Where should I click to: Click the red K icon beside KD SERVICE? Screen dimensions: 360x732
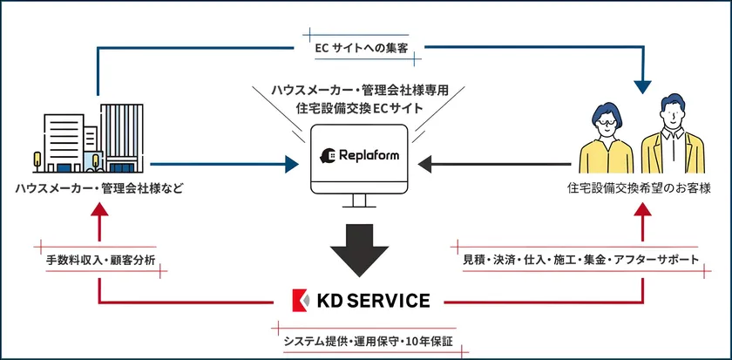[x=300, y=301]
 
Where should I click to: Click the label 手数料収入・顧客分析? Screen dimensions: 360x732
[x=100, y=260]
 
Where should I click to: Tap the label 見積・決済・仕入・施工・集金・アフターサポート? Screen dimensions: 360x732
[x=579, y=260]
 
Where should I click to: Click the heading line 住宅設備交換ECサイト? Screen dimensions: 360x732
[x=359, y=109]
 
